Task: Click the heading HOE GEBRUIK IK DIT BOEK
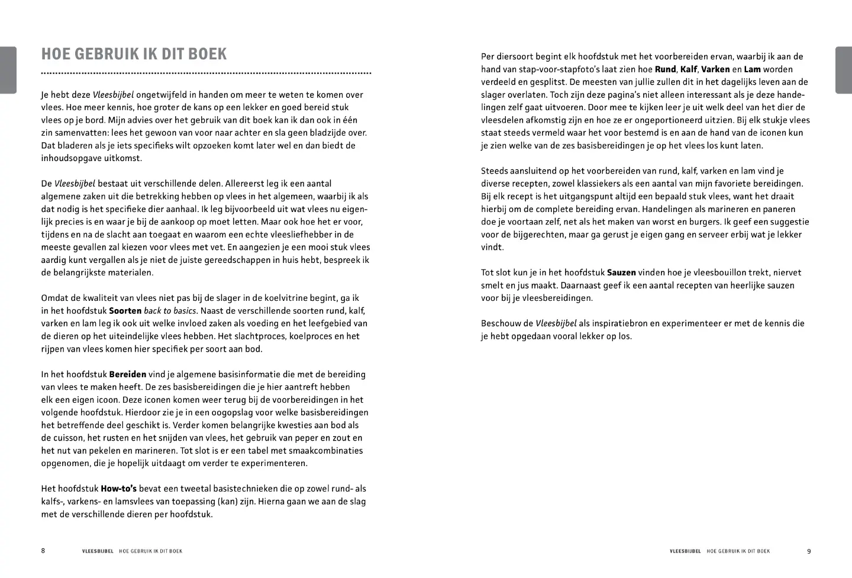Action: pyautogui.click(x=134, y=54)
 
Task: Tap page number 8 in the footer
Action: pyautogui.click(x=43, y=551)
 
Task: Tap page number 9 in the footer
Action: pyautogui.click(x=809, y=551)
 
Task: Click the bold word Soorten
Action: pyautogui.click(x=125, y=310)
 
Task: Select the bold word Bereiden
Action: pyautogui.click(x=127, y=374)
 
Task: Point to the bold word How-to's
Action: pyautogui.click(x=118, y=489)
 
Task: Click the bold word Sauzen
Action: pyautogui.click(x=621, y=272)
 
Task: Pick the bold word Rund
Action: pyautogui.click(x=665, y=69)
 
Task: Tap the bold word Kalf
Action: pyautogui.click(x=689, y=69)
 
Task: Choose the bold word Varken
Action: pyautogui.click(x=715, y=69)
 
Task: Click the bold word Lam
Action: pyautogui.click(x=752, y=69)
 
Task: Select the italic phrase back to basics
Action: pyautogui.click(x=170, y=310)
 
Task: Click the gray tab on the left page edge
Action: pyautogui.click(x=8, y=70)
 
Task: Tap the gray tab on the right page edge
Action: pyautogui.click(x=844, y=70)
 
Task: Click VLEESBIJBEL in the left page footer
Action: pyautogui.click(x=98, y=551)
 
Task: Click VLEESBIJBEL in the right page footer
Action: pyautogui.click(x=685, y=551)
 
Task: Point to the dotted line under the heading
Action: pyautogui.click(x=206, y=73)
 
